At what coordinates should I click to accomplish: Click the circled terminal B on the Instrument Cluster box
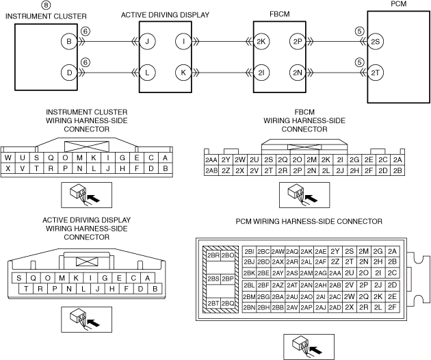pos(68,41)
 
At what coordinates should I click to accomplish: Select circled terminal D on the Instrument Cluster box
pos(68,71)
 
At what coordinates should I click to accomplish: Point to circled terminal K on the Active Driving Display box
pos(183,71)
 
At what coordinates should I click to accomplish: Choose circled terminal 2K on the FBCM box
pos(261,41)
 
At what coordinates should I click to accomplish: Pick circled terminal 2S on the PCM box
pos(375,41)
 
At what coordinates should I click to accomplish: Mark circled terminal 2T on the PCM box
pos(375,71)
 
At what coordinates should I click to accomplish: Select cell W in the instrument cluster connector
pos(8,158)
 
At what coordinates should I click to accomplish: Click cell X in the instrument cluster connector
pos(8,168)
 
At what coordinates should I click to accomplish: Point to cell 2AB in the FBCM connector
pos(211,170)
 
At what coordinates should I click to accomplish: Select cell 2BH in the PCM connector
pos(249,308)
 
